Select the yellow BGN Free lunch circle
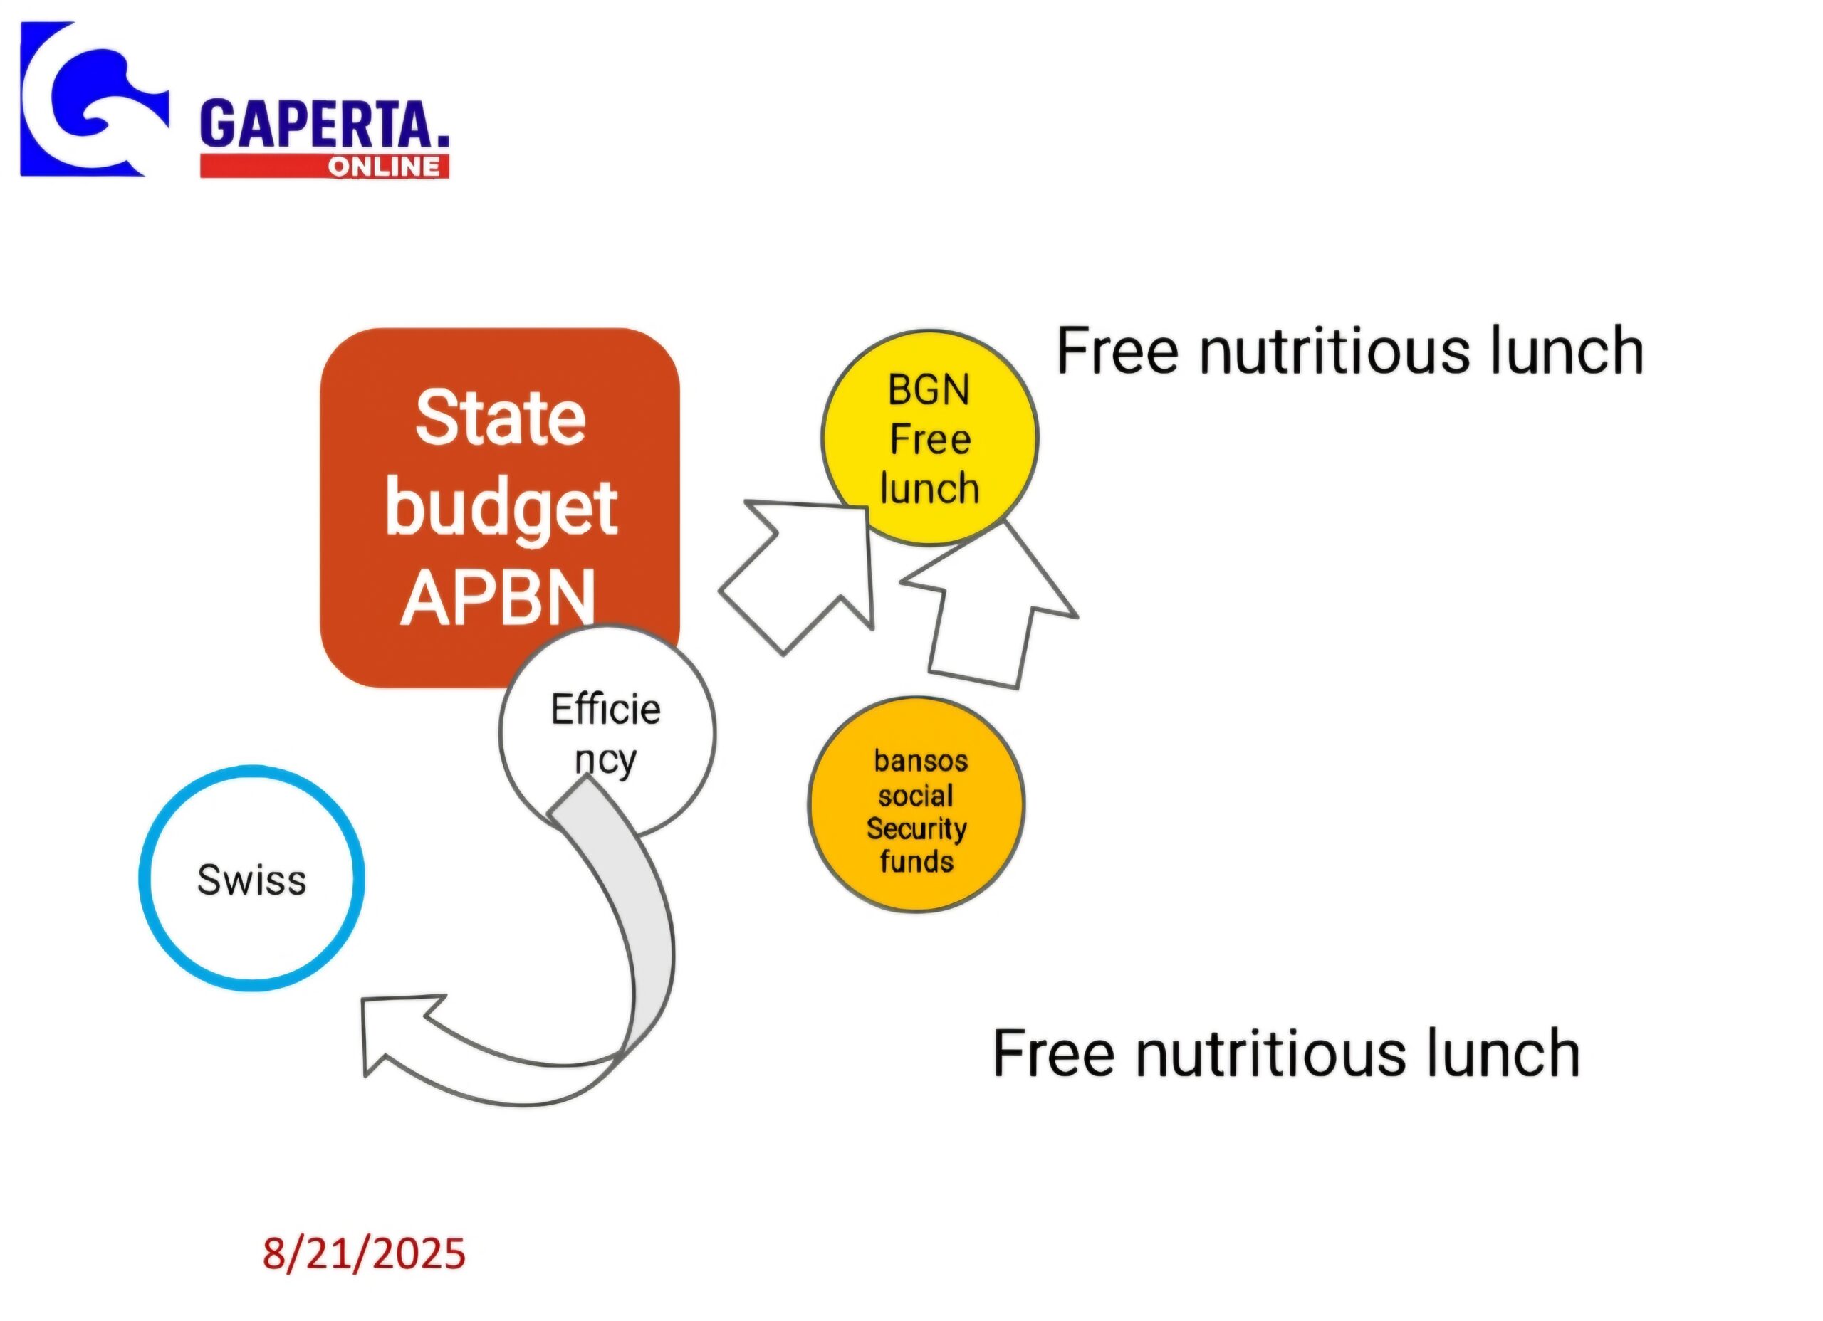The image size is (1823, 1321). pos(930,438)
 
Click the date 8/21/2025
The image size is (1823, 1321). pos(364,1253)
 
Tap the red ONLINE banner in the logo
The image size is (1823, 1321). pos(325,167)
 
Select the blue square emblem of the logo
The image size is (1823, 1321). pos(95,99)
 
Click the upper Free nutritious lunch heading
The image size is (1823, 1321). pos(1349,351)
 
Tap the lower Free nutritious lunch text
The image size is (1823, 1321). pos(1286,1053)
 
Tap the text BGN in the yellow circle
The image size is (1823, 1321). pos(929,391)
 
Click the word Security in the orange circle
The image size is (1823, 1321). pos(916,828)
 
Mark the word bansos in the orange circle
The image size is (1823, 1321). pos(921,761)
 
